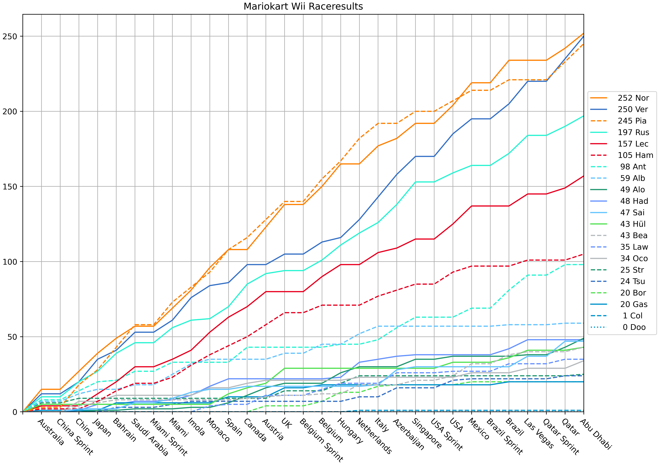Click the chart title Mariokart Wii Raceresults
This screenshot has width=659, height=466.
pos(303,6)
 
